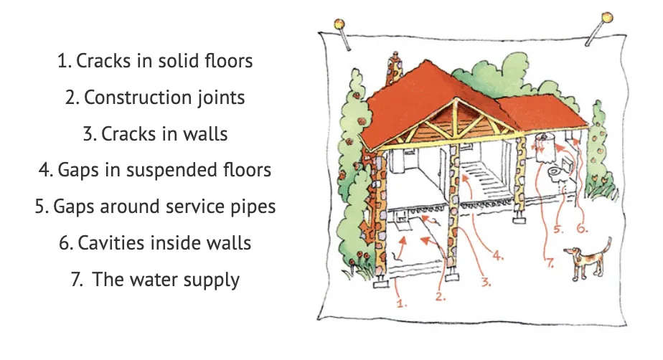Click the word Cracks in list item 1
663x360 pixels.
pos(103,61)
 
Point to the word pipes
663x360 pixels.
pos(253,207)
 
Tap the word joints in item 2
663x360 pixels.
pos(221,98)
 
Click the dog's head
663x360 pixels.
pos(572,252)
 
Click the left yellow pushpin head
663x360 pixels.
pos(339,24)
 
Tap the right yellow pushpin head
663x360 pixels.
pos(607,18)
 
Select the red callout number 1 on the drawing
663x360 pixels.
pos(401,303)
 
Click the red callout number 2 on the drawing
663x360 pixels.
pos(441,297)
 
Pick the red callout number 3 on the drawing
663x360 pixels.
pos(486,282)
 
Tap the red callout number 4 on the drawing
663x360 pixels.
pos(498,255)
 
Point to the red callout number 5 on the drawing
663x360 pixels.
pos(558,229)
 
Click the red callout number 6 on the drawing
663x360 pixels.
pos(582,228)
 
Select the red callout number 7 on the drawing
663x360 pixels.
pos(550,262)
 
